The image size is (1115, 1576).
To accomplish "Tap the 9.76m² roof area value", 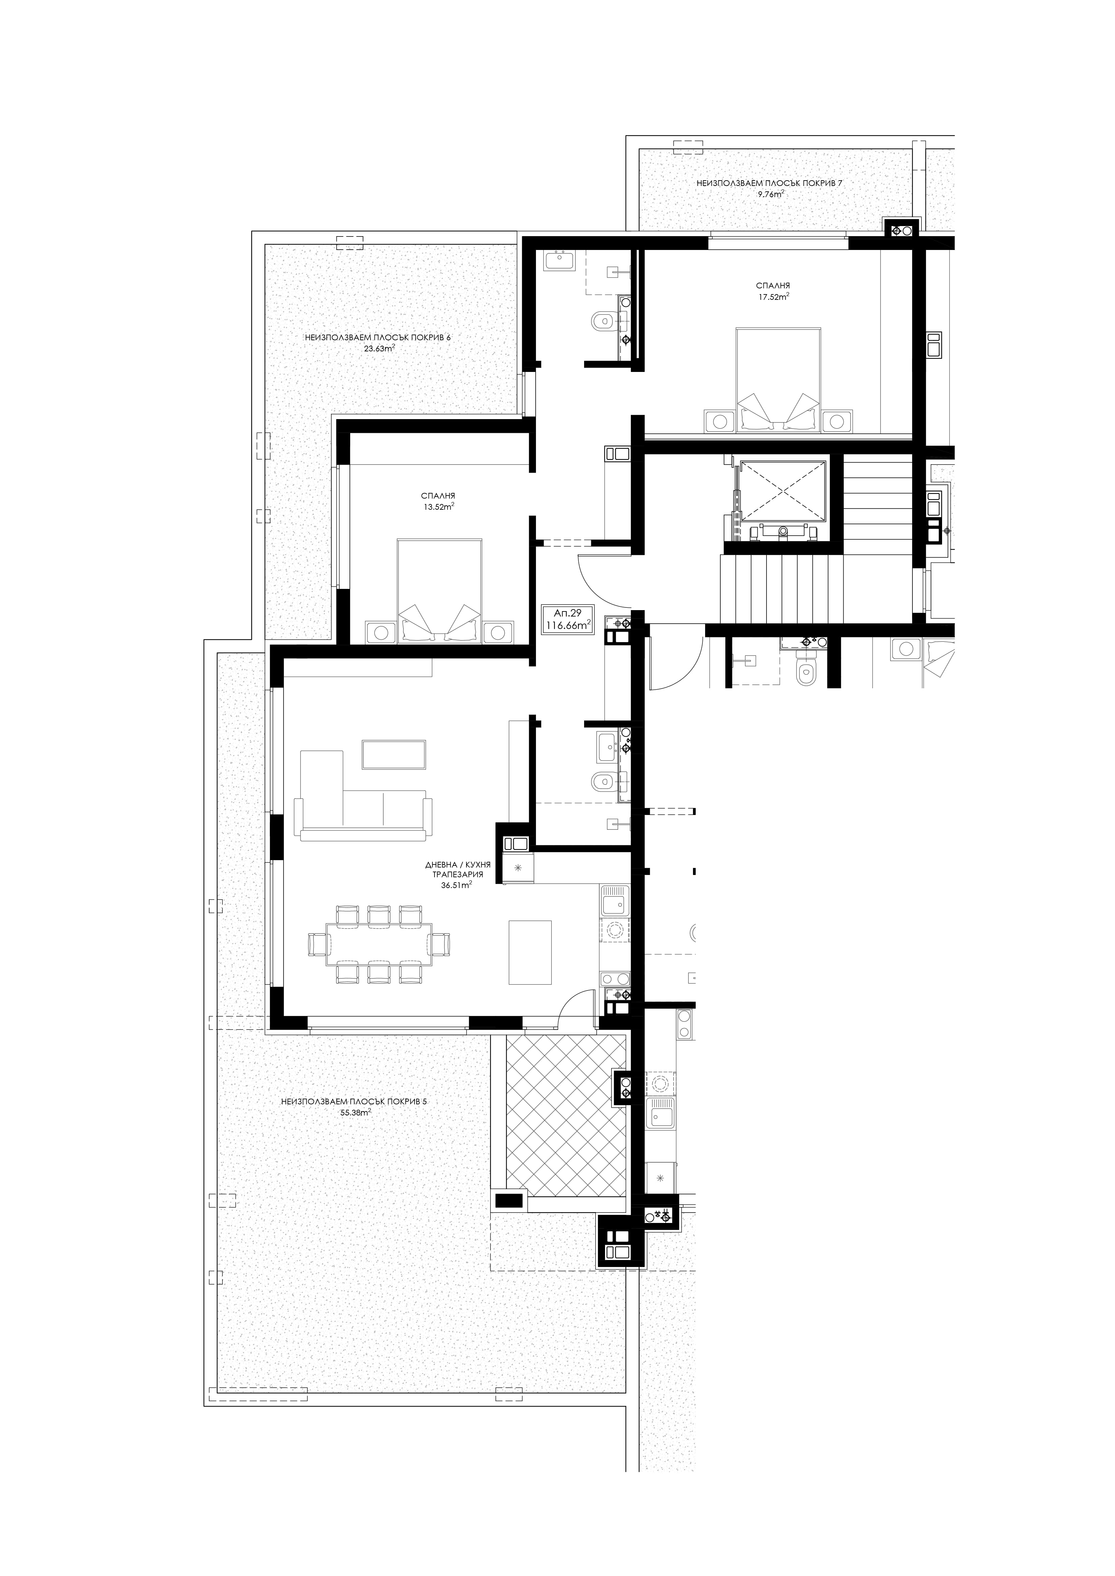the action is (x=770, y=194).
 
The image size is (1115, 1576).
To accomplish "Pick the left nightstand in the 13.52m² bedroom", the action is (x=380, y=632).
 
